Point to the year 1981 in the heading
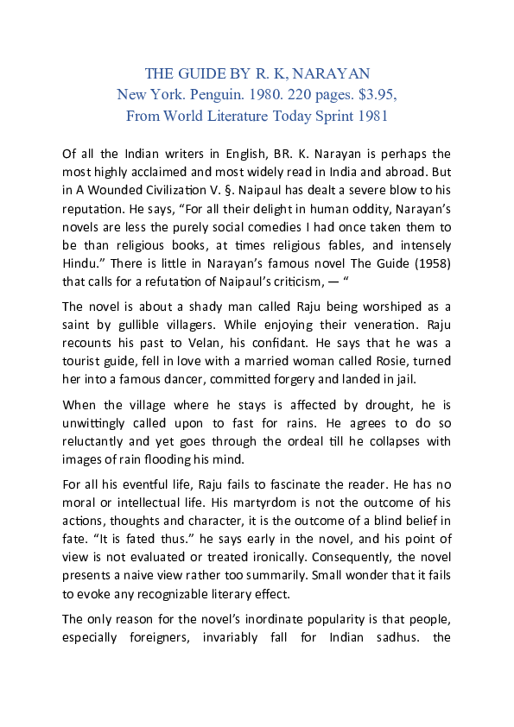pos(370,115)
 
